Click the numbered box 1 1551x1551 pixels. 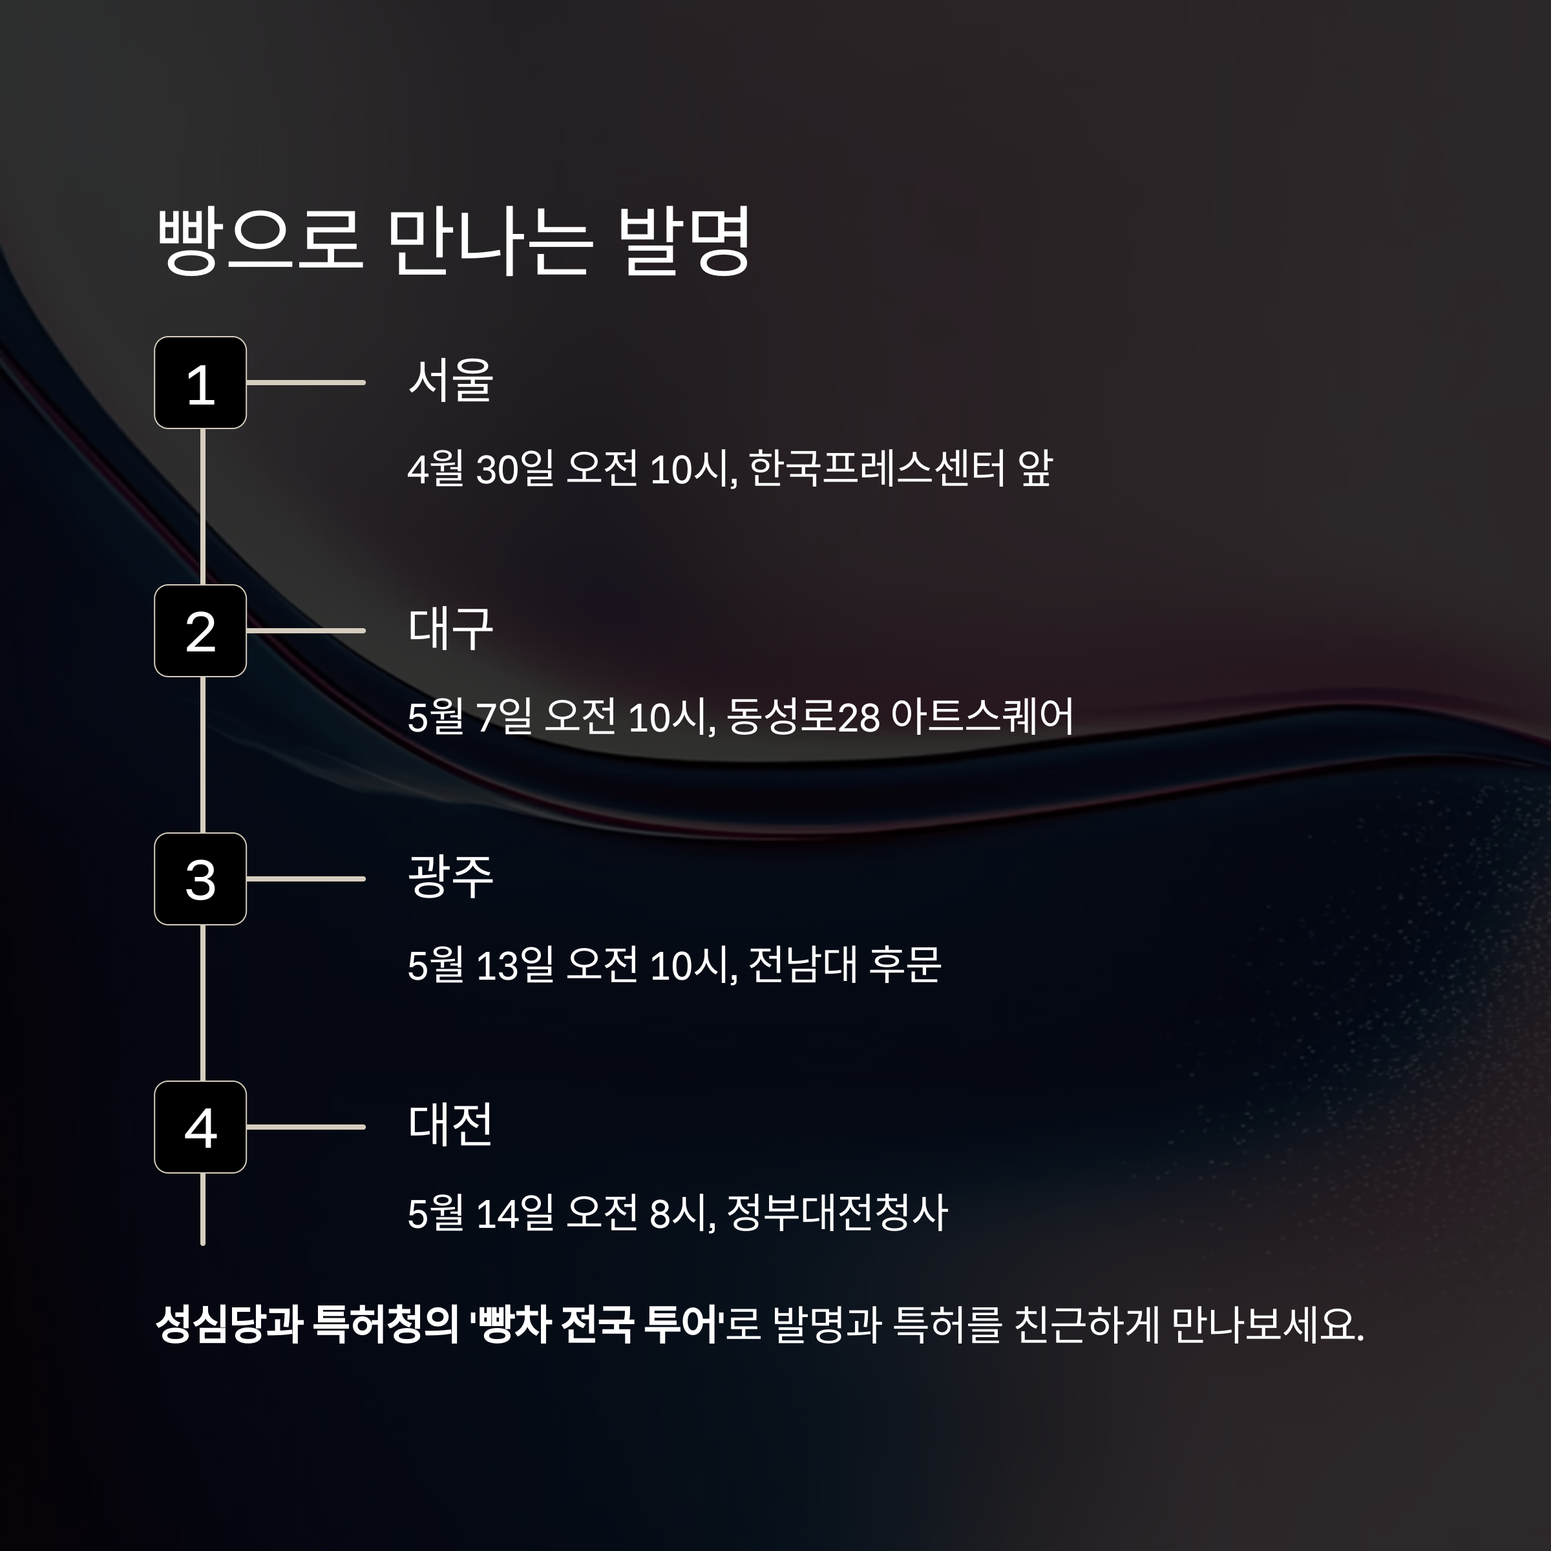click(200, 383)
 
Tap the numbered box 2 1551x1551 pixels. click(200, 631)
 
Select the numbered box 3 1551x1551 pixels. click(200, 879)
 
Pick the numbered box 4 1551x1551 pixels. click(200, 1127)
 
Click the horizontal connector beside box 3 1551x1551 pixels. click(306, 879)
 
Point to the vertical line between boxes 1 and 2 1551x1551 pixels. click(202, 507)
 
